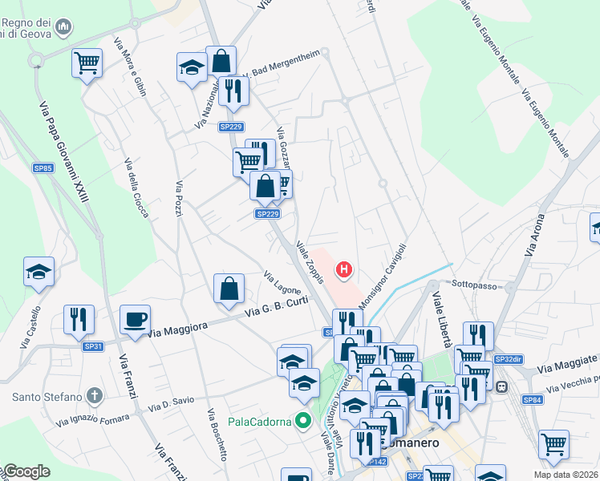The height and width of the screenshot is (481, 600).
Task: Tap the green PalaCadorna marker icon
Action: point(303,419)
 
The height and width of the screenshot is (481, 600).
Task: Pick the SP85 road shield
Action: point(43,168)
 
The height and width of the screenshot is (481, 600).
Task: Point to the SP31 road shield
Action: point(94,346)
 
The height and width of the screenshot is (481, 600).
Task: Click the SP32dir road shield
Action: point(508,360)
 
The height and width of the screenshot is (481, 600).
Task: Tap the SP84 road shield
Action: point(533,399)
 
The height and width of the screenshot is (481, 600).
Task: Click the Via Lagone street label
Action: point(282,282)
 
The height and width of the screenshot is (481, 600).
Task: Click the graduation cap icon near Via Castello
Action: point(39,272)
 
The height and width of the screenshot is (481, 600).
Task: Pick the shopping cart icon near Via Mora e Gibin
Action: point(87,63)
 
